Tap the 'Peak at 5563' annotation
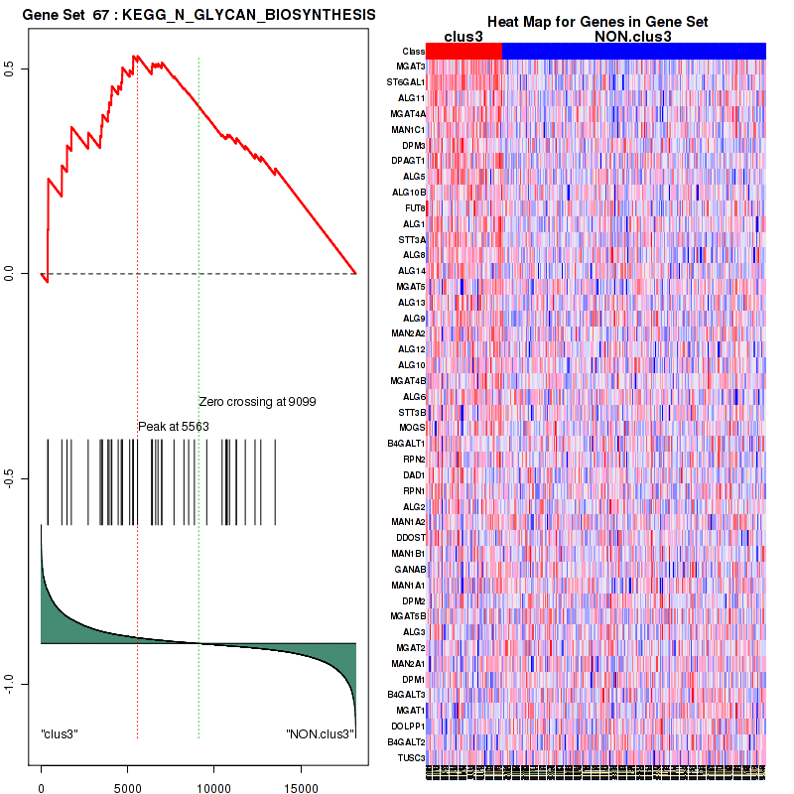click(173, 426)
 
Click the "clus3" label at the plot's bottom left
click(60, 733)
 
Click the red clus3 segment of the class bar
click(463, 51)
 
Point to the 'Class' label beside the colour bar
click(414, 51)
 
